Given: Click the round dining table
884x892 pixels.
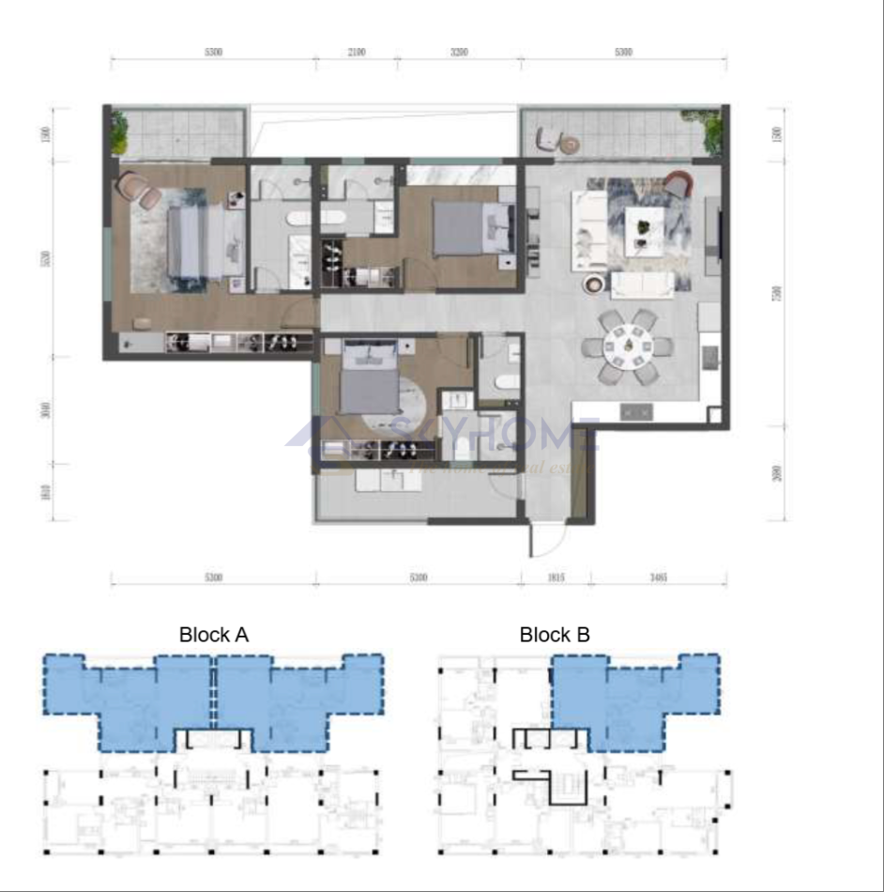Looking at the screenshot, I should click(x=628, y=346).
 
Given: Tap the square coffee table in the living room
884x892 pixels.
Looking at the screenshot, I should click(x=644, y=226).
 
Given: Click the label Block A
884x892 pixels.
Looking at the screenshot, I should click(x=214, y=636).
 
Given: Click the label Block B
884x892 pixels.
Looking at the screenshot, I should click(x=555, y=636).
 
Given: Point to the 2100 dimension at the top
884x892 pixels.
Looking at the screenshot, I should click(x=356, y=53).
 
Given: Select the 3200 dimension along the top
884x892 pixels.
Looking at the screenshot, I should click(x=458, y=53).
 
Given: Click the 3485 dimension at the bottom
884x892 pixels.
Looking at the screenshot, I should click(x=657, y=577).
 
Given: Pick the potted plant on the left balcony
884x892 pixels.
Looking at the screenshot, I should click(x=119, y=132).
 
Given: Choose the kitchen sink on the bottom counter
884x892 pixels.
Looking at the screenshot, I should click(x=638, y=411).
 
